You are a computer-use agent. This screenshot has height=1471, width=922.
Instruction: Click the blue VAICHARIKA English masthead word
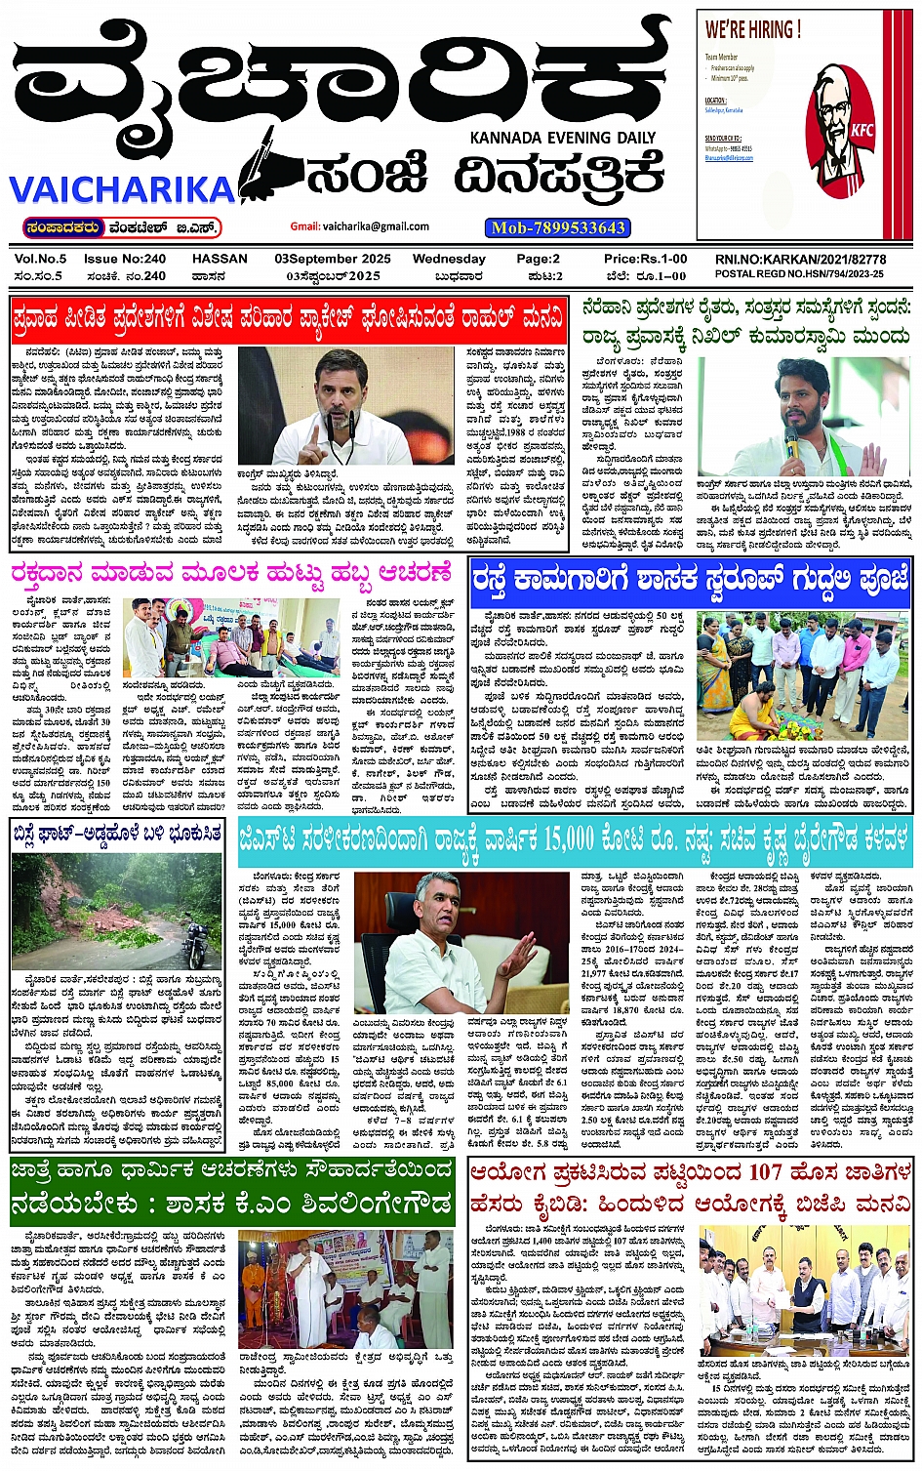click(122, 188)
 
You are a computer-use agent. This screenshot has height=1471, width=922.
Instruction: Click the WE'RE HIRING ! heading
click(752, 29)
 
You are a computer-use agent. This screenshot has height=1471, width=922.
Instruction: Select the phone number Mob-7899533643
click(557, 227)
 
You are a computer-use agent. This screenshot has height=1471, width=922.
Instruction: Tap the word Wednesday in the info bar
click(448, 259)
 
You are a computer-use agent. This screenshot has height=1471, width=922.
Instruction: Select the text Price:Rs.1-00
click(645, 259)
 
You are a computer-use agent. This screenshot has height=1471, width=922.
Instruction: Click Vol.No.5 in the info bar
click(40, 259)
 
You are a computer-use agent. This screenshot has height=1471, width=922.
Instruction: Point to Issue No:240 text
click(125, 259)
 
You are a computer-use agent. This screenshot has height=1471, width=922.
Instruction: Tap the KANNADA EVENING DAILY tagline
click(563, 138)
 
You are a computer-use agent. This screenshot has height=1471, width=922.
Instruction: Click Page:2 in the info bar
click(538, 259)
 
